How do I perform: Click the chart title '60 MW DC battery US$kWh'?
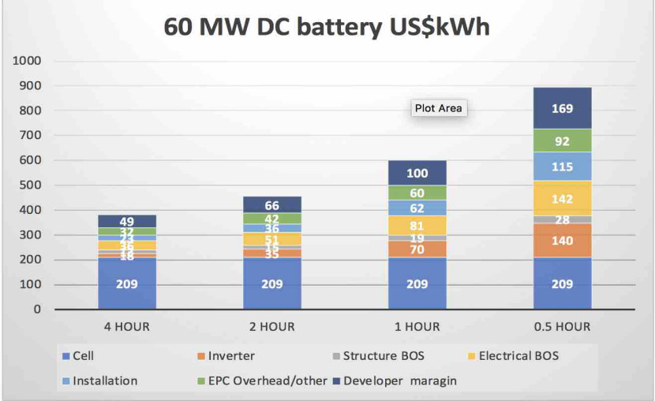327,25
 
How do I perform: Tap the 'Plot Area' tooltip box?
439,108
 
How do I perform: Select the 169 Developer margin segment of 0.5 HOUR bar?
562,108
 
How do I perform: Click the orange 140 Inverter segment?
562,241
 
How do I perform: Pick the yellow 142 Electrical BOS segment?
562,199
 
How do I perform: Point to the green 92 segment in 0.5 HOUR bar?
562,141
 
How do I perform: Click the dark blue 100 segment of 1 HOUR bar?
417,173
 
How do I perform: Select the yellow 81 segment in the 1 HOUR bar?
417,226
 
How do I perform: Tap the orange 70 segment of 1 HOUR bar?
417,249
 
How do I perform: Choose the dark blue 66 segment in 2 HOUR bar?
271,205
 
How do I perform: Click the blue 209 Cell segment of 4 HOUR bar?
127,283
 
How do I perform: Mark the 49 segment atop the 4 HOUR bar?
127,221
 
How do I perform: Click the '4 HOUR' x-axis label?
127,326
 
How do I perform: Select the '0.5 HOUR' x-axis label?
562,326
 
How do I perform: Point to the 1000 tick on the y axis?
26,61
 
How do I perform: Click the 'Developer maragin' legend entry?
402,380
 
